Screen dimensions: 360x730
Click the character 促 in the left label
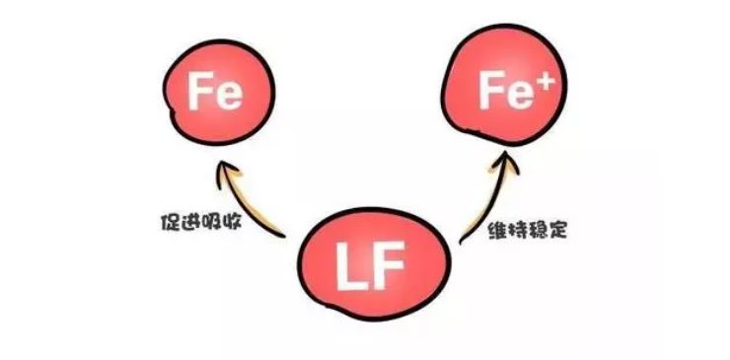(166, 217)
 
